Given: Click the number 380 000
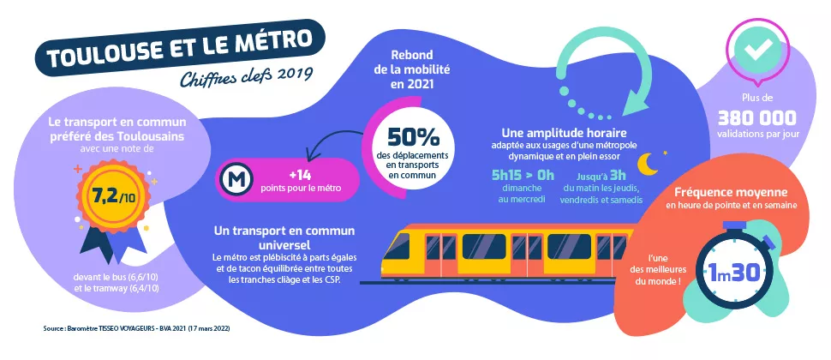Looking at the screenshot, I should point(757,117).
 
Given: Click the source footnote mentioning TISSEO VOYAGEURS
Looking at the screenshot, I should point(137,328).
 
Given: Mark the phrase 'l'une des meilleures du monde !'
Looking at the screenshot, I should point(666,271).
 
